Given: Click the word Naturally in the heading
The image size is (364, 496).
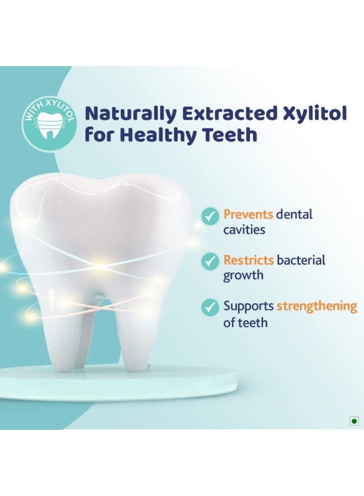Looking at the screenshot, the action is click(130, 114).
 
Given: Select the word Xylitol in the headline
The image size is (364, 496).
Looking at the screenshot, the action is click(314, 114).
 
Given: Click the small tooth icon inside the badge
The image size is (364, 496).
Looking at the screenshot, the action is click(49, 127).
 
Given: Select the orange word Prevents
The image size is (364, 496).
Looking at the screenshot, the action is click(248, 214).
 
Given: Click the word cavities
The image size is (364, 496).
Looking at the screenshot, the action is click(244, 229).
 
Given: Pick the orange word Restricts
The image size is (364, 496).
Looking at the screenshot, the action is click(249, 260).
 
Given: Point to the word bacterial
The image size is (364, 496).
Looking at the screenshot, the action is click(301, 260).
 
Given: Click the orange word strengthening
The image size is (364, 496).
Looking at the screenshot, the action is click(317, 306).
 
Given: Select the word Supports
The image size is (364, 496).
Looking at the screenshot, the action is click(249, 306).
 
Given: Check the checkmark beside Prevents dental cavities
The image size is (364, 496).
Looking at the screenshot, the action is click(210, 216).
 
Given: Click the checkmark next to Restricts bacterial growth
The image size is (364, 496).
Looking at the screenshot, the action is click(210, 262).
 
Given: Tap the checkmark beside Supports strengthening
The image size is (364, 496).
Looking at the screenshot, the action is click(210, 307).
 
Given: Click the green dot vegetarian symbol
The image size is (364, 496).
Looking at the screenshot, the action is click(354, 421).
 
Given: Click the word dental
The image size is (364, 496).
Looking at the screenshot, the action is click(294, 214).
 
